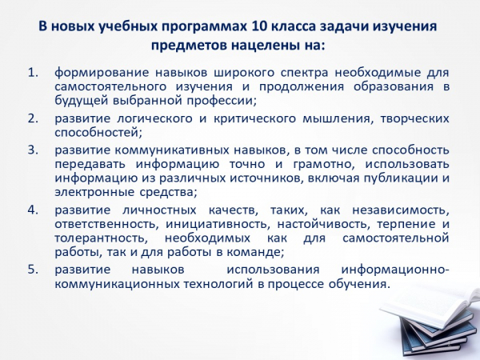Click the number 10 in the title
[x=258, y=26]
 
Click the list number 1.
[x=33, y=73]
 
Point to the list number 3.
[x=33, y=150]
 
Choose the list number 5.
[x=33, y=270]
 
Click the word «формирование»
[x=102, y=74]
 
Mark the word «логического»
[x=154, y=119]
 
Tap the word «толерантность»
[x=99, y=238]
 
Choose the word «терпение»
[x=406, y=224]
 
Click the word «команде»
[x=254, y=253]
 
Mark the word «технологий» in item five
[x=218, y=284]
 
